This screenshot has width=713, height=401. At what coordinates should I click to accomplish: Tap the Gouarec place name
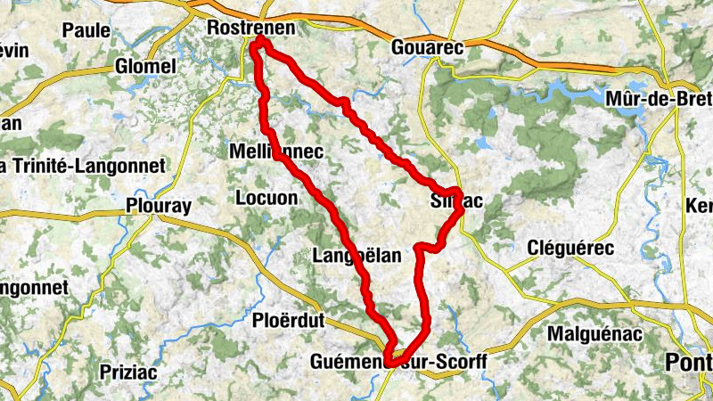(428, 49)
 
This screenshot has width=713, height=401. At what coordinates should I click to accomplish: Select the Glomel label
(146, 67)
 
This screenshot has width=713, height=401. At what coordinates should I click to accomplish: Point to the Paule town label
(86, 29)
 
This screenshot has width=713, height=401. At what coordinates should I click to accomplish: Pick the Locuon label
(266, 198)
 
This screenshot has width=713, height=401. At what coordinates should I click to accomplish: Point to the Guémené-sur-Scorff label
(398, 362)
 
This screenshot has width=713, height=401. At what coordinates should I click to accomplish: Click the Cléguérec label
(570, 248)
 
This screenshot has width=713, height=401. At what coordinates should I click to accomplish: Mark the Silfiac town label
(455, 201)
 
